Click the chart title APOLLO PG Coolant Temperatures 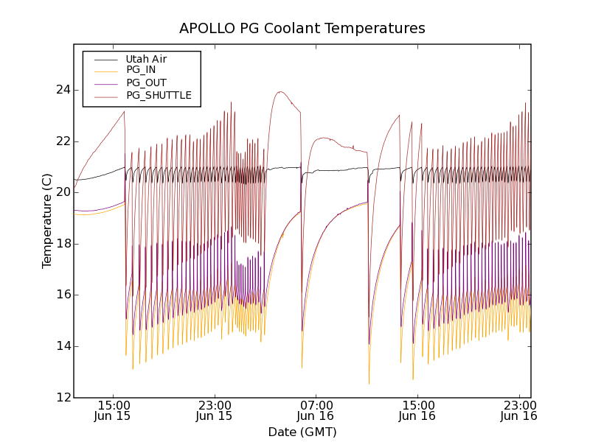[302, 29]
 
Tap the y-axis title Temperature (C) [47, 221]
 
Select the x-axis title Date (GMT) [302, 432]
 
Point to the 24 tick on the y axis [62, 90]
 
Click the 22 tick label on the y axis [62, 141]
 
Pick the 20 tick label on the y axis [62, 192]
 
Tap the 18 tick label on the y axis [62, 244]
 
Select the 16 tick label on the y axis [62, 295]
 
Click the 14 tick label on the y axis [62, 346]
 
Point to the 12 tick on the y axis [62, 398]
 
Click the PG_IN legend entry [141, 71]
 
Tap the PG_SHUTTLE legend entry [159, 95]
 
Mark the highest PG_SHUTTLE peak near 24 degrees [280, 92]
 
